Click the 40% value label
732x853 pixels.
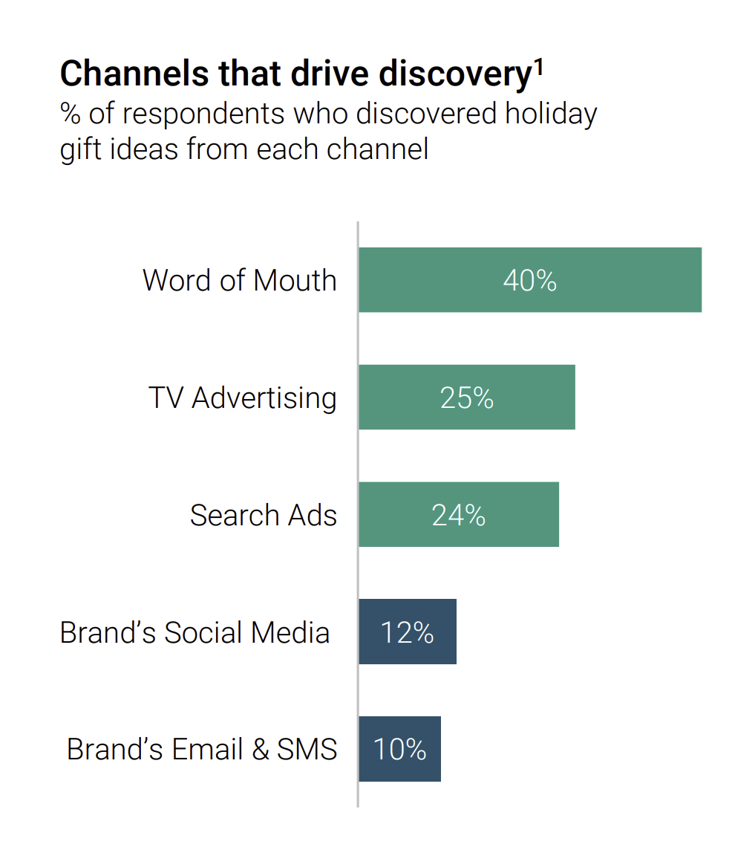(529, 281)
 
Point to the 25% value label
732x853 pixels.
(467, 398)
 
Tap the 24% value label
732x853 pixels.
(459, 515)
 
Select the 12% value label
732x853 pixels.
(408, 632)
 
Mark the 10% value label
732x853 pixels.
(400, 750)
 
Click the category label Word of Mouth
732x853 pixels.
(239, 281)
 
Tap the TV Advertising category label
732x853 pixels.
(242, 398)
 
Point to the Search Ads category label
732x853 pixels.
(263, 515)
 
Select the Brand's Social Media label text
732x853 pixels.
(195, 632)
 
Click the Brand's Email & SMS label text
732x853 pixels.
(201, 749)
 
